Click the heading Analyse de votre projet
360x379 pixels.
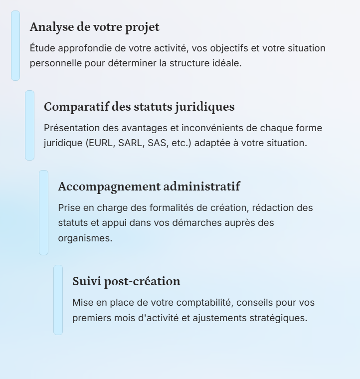pos(94,27)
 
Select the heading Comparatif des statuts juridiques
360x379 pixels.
pos(139,107)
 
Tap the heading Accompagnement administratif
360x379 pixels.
pos(149,187)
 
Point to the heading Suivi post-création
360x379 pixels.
pos(126,281)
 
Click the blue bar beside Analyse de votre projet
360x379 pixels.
pos(15,45)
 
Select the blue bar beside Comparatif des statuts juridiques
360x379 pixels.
pos(30,125)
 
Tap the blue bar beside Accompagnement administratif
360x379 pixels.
pos(44,212)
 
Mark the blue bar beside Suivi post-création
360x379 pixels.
pos(58,300)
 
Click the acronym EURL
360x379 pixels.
pos(101,143)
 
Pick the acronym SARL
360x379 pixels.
pos(130,143)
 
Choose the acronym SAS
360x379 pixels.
pos(157,143)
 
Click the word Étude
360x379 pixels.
pos(42,48)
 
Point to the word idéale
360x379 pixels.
pos(227,63)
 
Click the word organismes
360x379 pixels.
pos(85,238)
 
